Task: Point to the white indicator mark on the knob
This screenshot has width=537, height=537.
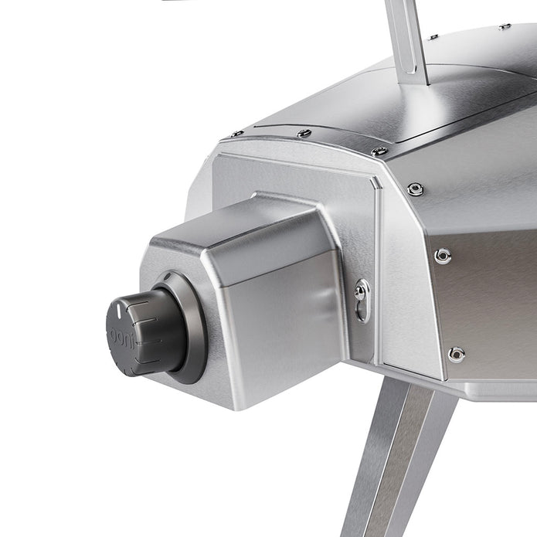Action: (118, 308)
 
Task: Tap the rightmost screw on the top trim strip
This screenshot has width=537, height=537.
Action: (379, 151)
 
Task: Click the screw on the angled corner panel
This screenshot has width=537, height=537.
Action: (416, 189)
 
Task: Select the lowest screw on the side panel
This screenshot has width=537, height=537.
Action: (456, 354)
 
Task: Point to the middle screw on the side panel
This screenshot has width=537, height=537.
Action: (443, 256)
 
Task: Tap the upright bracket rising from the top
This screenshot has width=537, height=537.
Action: (408, 35)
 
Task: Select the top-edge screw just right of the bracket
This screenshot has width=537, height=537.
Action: (433, 36)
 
